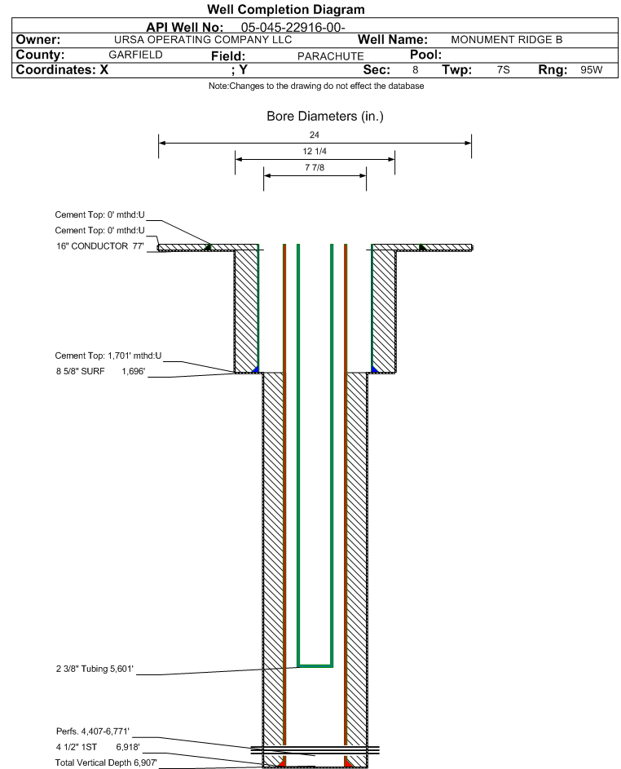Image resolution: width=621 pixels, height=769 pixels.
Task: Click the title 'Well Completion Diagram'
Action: click(286, 9)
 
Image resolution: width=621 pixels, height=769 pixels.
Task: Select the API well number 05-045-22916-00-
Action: click(293, 28)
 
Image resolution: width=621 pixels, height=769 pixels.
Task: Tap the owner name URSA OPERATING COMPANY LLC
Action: click(203, 40)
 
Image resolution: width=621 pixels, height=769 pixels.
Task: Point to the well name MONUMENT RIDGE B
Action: click(507, 40)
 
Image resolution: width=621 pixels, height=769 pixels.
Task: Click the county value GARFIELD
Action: click(136, 55)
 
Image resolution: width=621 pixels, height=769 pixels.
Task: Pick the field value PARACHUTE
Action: click(331, 56)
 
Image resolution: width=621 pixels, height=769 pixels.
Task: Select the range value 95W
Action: click(592, 69)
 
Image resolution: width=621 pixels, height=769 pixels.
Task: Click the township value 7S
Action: click(504, 69)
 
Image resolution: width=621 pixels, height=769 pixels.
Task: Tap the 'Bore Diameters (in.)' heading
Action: click(325, 117)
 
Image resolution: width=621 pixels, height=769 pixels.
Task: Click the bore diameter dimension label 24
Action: click(315, 135)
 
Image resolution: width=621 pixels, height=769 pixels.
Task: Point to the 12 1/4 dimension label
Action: click(315, 151)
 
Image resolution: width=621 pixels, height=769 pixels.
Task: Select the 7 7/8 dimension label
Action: click(315, 167)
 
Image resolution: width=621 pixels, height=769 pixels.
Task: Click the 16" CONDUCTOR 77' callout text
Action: click(100, 246)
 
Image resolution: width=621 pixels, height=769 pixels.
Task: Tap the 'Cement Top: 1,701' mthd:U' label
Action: click(108, 356)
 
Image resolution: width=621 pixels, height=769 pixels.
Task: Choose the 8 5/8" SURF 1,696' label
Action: click(100, 371)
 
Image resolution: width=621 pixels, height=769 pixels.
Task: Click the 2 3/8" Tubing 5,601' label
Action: click(95, 669)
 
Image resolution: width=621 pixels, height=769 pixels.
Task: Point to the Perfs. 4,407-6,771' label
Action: click(93, 731)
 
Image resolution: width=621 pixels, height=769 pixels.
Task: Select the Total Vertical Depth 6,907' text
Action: click(106, 762)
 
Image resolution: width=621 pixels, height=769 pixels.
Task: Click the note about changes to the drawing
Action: click(316, 86)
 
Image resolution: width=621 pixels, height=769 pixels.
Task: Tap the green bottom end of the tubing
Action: click(315, 665)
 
